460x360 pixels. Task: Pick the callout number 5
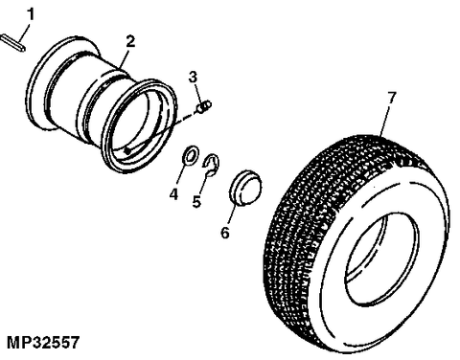click(x=197, y=202)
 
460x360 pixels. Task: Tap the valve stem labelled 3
click(x=204, y=109)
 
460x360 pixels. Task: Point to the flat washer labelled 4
click(x=191, y=153)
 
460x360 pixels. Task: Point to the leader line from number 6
click(x=230, y=212)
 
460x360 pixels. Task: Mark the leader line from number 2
click(x=126, y=55)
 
